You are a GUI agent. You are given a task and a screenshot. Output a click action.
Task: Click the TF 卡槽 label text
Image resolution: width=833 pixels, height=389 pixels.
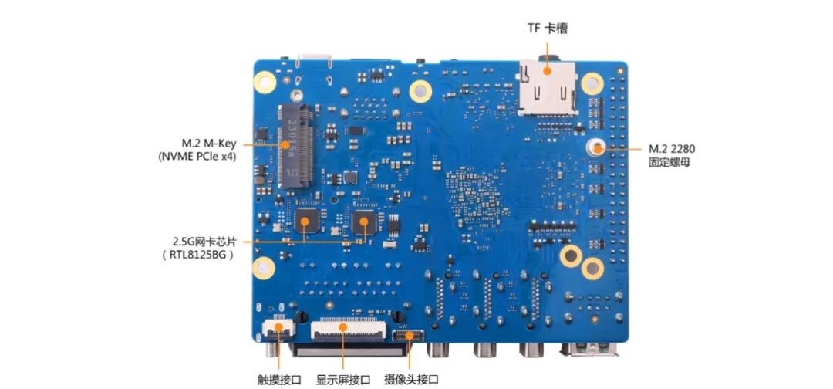[548, 29]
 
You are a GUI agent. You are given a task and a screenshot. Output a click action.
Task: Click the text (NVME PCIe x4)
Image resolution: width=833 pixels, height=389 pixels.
[198, 157]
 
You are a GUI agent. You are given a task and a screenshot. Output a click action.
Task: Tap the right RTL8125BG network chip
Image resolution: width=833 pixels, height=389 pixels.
[362, 222]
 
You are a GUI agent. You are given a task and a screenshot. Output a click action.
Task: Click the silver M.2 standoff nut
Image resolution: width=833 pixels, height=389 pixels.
[599, 147]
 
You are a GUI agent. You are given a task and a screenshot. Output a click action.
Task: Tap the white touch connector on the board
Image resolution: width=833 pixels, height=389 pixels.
[275, 328]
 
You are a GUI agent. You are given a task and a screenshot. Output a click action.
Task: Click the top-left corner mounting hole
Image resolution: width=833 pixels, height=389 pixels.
[265, 80]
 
